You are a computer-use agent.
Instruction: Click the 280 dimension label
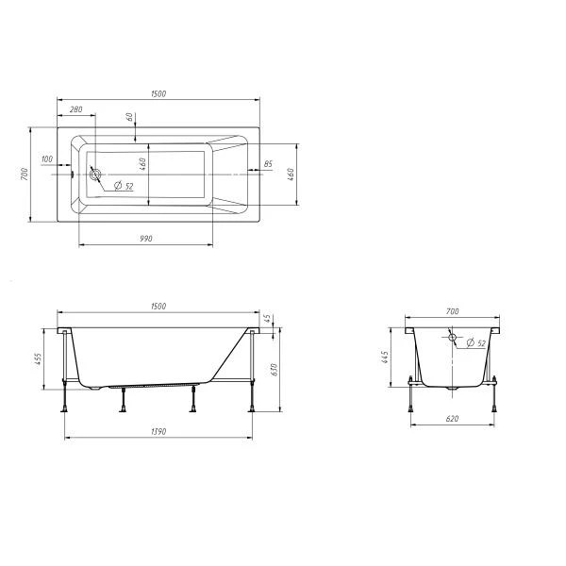tap(75, 109)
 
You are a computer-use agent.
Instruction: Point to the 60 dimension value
tap(129, 117)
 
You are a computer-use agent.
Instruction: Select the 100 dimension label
tap(47, 158)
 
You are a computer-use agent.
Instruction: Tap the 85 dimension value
tap(268, 164)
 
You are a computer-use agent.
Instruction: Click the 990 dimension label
tap(146, 239)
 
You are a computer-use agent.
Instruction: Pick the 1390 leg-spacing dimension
tap(158, 432)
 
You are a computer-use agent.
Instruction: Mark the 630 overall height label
tap(274, 370)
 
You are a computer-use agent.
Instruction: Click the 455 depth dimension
tap(39, 360)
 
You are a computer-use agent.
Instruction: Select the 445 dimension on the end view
tap(385, 357)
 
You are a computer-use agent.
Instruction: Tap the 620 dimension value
tap(452, 419)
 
